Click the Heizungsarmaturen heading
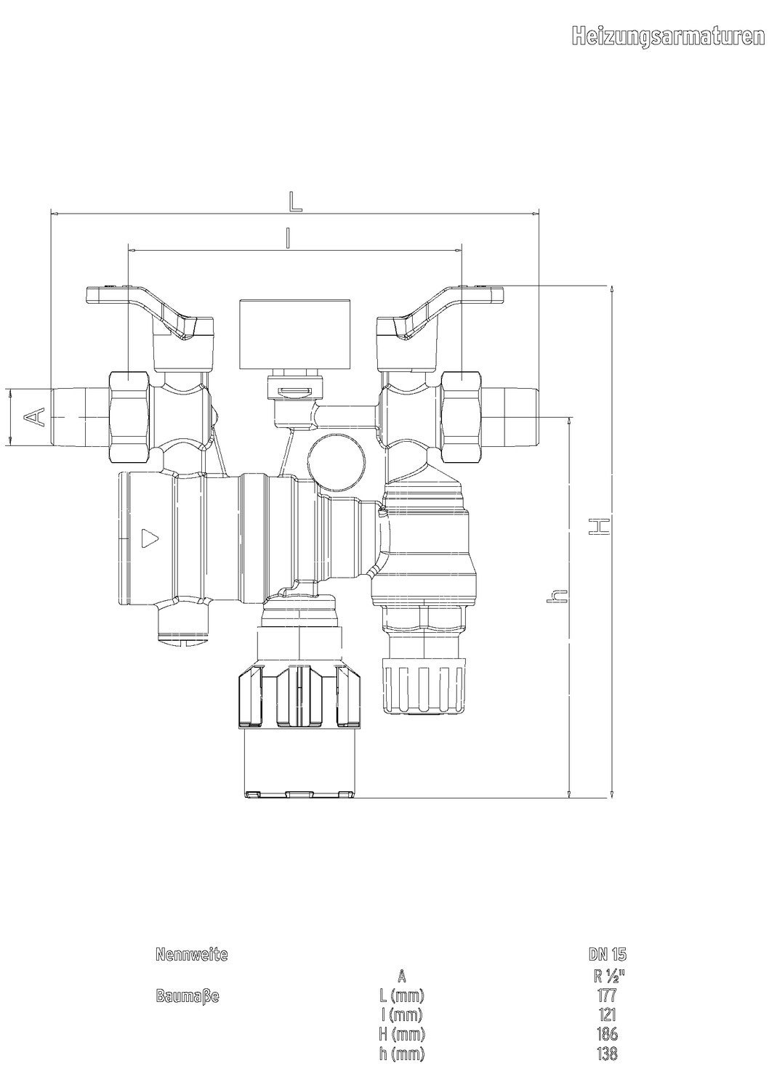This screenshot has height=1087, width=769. [668, 36]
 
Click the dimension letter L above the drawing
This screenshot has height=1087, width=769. [295, 201]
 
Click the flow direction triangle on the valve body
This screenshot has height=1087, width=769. [149, 537]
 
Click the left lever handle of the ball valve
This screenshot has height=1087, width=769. [150, 310]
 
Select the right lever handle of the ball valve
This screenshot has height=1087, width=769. [440, 310]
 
